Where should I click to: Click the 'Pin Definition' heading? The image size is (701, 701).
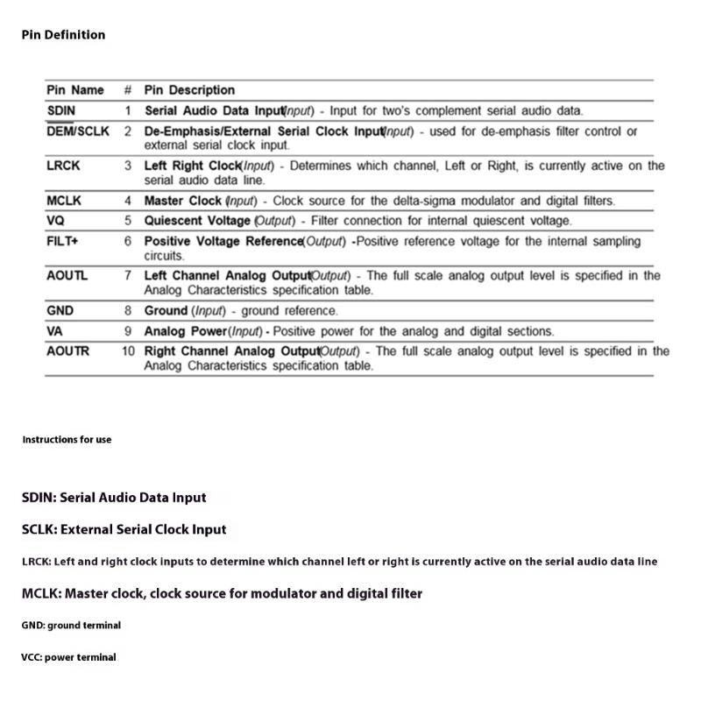click(63, 35)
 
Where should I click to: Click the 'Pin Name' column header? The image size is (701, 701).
click(74, 90)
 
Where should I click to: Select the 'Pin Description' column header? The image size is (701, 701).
click(189, 90)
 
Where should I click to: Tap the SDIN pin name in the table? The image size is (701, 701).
click(60, 111)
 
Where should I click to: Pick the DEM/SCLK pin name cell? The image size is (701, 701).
click(78, 131)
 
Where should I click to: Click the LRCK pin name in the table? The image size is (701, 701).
click(62, 166)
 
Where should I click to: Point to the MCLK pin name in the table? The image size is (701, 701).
click(64, 201)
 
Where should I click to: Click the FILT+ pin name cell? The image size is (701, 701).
click(62, 241)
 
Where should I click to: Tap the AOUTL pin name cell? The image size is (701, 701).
click(67, 276)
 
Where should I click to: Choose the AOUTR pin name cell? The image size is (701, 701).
click(67, 351)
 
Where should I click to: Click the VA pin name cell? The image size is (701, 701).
click(54, 331)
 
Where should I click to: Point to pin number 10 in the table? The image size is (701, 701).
click(128, 351)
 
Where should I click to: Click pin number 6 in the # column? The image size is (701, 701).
click(128, 241)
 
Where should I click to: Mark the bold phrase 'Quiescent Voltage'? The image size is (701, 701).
click(197, 221)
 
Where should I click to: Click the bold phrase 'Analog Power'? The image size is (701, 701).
click(185, 331)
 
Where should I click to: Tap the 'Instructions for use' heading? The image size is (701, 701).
click(67, 440)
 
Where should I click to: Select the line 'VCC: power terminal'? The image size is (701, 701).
click(68, 657)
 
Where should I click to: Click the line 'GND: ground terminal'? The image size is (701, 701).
click(71, 626)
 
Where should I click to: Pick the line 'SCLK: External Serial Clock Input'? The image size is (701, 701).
click(124, 529)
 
